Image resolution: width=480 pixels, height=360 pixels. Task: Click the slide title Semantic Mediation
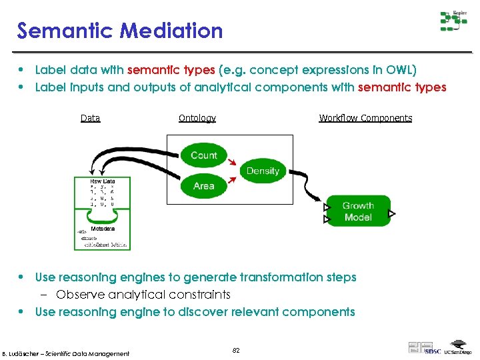click(x=120, y=31)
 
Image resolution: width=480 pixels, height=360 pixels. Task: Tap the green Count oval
click(x=203, y=155)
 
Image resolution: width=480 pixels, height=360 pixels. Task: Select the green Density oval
click(x=263, y=171)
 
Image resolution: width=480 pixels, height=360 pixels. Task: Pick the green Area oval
click(x=203, y=186)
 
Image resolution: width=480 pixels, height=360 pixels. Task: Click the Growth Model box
click(x=358, y=211)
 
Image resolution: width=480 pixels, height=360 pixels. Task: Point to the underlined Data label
click(x=90, y=118)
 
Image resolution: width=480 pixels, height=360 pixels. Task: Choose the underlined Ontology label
click(x=197, y=118)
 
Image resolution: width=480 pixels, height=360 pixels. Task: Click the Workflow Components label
click(x=365, y=118)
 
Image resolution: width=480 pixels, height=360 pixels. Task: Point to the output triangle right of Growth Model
click(x=392, y=214)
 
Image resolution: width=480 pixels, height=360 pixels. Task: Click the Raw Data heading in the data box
click(x=102, y=181)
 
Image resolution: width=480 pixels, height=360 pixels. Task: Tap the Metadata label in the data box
click(x=102, y=228)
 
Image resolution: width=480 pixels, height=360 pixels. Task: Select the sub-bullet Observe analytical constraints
click(x=143, y=294)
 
